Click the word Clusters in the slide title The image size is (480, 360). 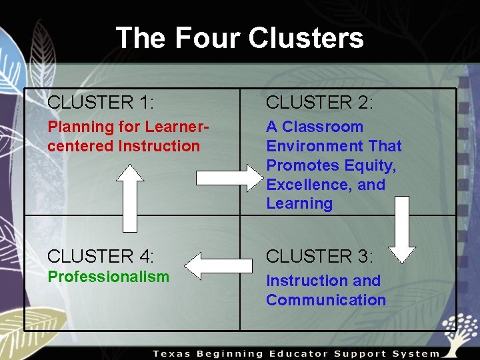point(306,38)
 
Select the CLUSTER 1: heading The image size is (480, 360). point(101,103)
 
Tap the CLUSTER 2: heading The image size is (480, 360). point(319,103)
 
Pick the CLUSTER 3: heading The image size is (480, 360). point(319,256)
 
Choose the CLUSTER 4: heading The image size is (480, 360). point(101,256)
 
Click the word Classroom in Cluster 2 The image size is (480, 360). point(323,127)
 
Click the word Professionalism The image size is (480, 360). point(108,277)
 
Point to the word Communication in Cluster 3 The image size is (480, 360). point(326,300)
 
